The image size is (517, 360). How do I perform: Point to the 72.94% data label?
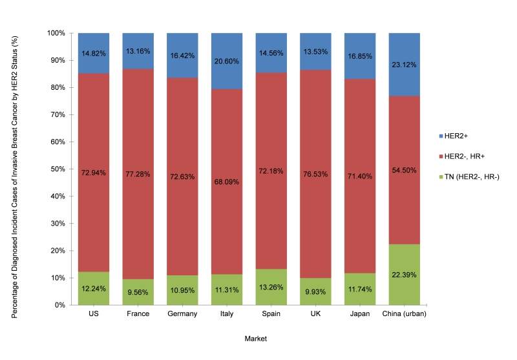click(x=94, y=173)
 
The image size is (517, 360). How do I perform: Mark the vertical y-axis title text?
click(x=14, y=169)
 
